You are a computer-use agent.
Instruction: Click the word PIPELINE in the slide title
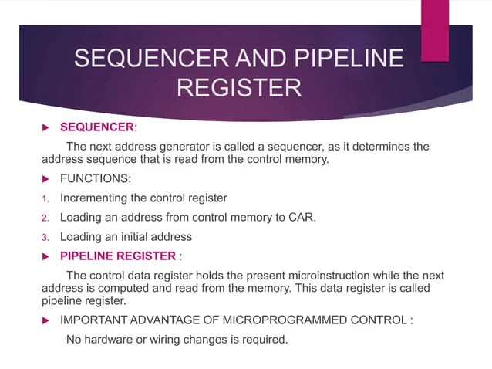[350, 59]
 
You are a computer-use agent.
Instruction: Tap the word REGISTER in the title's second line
[239, 87]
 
